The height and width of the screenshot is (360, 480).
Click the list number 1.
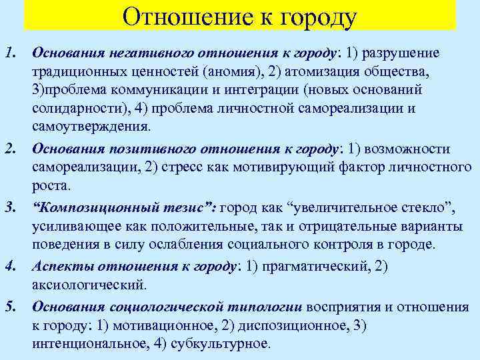click(9, 53)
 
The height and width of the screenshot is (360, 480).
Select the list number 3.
click(9, 211)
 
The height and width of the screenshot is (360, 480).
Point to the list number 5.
click(9, 307)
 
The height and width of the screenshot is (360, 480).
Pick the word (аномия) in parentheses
click(243, 71)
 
